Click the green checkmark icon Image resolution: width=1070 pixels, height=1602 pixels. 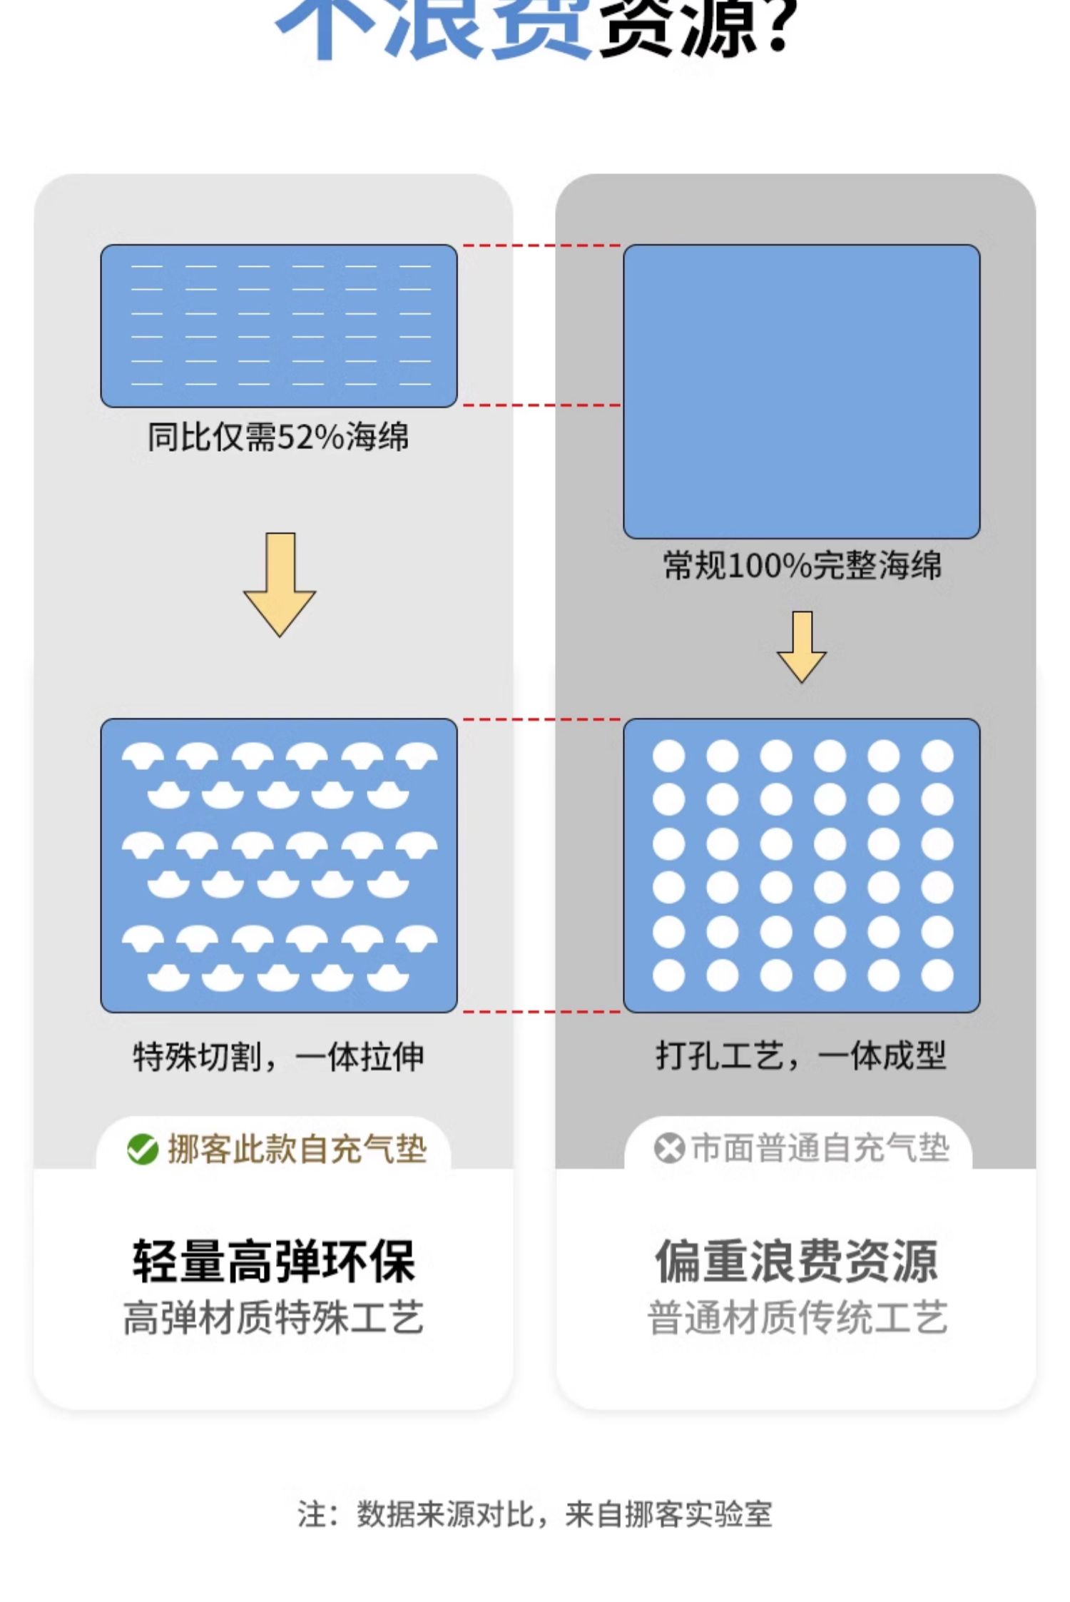click(x=143, y=1150)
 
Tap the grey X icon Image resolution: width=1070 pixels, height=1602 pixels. click(x=668, y=1149)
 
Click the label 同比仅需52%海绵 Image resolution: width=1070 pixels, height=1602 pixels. click(x=278, y=437)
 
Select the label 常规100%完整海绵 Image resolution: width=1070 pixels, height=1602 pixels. click(x=802, y=566)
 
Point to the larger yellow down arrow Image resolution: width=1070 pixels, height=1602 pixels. click(x=280, y=583)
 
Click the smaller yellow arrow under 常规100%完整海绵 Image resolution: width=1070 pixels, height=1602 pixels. click(x=802, y=647)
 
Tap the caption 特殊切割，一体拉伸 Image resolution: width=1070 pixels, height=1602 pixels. click(x=278, y=1057)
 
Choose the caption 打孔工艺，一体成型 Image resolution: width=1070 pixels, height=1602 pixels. click(x=801, y=1056)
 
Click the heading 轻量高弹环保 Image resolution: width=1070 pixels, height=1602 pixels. click(x=273, y=1262)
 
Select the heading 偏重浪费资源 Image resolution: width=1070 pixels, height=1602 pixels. click(x=797, y=1262)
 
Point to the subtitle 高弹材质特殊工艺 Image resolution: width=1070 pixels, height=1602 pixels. click(x=273, y=1317)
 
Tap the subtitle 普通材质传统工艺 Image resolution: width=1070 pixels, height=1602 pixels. click(x=797, y=1317)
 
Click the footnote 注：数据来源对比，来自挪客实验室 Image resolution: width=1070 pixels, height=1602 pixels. click(x=535, y=1514)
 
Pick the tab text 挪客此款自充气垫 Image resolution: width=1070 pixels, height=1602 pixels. click(x=297, y=1150)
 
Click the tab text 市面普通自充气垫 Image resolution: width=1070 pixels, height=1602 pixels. click(x=820, y=1149)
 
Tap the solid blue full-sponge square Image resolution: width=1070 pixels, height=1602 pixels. click(x=801, y=391)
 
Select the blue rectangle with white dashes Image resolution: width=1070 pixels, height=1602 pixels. click(x=279, y=326)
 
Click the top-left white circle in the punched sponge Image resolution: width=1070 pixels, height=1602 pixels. click(x=669, y=756)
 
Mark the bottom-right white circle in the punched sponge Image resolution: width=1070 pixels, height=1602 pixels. click(x=937, y=975)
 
